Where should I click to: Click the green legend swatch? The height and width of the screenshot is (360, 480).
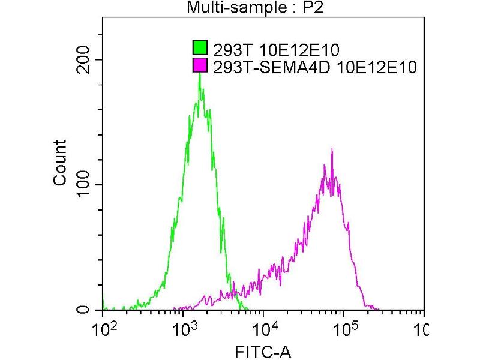coord(200,47)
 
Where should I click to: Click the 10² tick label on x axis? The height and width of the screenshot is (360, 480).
coord(103,329)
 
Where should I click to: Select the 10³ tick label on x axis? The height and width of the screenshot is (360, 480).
coord(184,329)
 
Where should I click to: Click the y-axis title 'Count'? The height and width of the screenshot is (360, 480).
coord(61,163)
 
